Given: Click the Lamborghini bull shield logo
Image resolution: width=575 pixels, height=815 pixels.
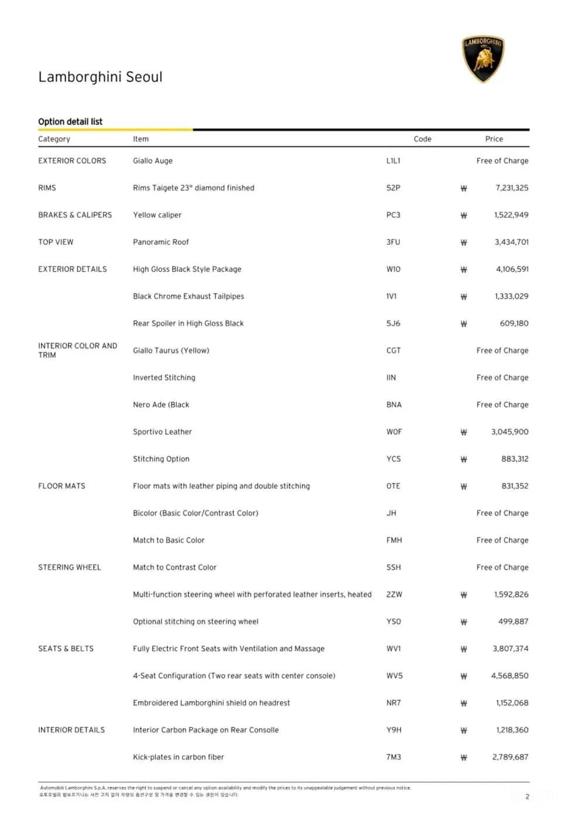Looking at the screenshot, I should pyautogui.click(x=483, y=59).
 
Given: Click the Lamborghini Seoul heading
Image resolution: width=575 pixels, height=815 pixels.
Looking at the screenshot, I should pyautogui.click(x=100, y=77).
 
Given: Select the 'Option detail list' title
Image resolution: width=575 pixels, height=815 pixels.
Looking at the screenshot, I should pyautogui.click(x=70, y=122).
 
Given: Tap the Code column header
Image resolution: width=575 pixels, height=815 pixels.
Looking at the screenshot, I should pyautogui.click(x=422, y=139).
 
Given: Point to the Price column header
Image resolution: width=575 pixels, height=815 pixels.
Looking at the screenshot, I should pyautogui.click(x=494, y=139).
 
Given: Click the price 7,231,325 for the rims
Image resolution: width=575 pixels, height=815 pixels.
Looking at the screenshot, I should pyautogui.click(x=511, y=188).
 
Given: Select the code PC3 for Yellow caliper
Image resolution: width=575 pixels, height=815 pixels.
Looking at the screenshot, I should pyautogui.click(x=393, y=215).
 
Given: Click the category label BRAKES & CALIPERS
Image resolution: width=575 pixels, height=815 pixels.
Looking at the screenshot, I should pyautogui.click(x=75, y=215).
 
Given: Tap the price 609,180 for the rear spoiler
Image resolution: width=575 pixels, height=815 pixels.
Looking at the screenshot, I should pyautogui.click(x=514, y=323).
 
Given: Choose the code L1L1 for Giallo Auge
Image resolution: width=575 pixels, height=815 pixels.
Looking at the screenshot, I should pyautogui.click(x=393, y=160).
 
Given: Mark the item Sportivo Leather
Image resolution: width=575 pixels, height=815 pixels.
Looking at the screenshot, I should pyautogui.click(x=162, y=432).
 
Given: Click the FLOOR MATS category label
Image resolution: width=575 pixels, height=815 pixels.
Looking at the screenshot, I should pyautogui.click(x=61, y=486).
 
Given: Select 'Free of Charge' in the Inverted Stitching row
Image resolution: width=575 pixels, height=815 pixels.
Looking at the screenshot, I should pyautogui.click(x=502, y=378).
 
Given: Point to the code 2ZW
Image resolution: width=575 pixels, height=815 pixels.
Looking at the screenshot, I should pyautogui.click(x=394, y=594).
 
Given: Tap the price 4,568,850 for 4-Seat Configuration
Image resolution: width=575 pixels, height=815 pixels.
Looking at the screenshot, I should pyautogui.click(x=509, y=676).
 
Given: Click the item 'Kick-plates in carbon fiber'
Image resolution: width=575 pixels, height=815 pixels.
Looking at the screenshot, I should pyautogui.click(x=178, y=757).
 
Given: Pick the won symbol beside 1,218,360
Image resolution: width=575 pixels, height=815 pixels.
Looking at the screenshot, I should pyautogui.click(x=464, y=731).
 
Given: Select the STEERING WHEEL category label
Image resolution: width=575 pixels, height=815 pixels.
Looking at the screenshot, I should pyautogui.click(x=69, y=567).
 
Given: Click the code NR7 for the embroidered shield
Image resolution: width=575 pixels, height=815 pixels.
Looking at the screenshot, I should pyautogui.click(x=393, y=703).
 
